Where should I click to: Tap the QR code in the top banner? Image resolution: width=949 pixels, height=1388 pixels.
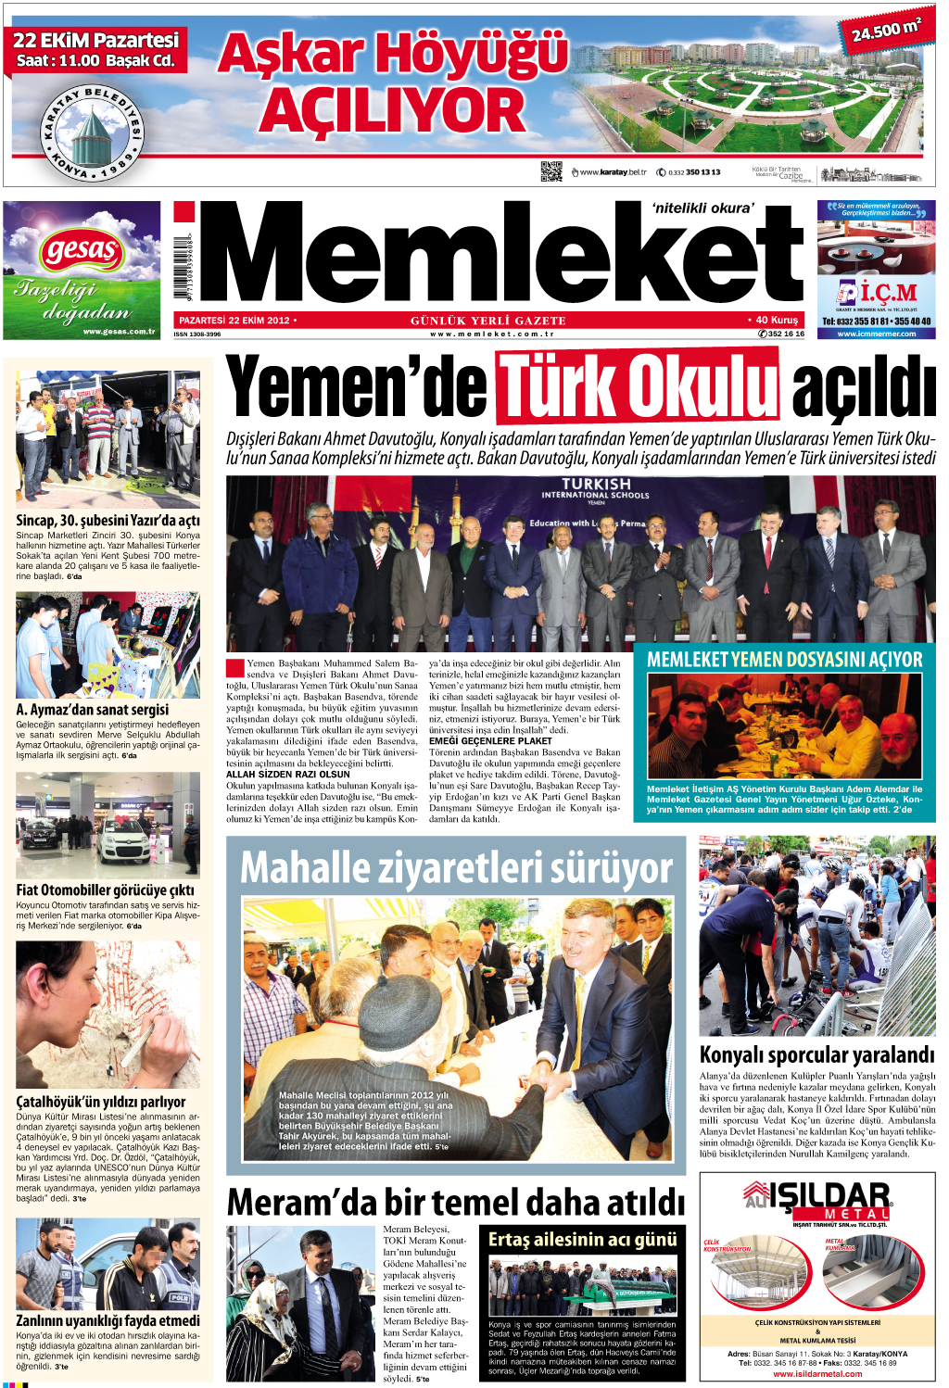550,171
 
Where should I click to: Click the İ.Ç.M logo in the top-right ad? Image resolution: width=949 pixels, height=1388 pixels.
877,293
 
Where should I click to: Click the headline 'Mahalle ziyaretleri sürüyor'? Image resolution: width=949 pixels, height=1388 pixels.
456,868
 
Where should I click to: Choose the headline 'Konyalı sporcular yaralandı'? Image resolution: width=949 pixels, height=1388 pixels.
816,1054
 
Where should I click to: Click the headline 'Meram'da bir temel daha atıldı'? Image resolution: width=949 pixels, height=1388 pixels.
456,1202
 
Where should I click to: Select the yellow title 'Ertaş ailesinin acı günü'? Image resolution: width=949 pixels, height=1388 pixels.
582,1240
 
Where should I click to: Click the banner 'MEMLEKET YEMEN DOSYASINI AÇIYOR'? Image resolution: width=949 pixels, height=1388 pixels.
784,660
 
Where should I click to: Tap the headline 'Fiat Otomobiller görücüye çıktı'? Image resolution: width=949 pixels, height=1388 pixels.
105,890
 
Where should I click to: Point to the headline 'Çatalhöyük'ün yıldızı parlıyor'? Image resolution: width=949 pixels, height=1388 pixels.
100,1102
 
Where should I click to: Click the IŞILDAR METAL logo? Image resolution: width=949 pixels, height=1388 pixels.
817,1201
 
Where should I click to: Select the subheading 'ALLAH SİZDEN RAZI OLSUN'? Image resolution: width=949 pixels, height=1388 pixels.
288,774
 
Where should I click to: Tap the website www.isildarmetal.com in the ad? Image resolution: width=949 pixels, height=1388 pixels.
817,1373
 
